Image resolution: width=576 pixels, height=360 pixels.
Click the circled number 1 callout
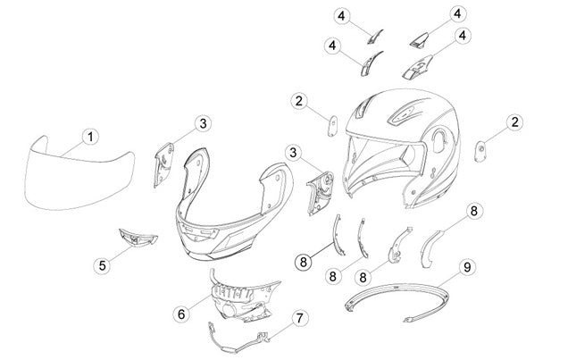click(90, 138)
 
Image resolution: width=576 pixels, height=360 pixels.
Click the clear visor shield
click(79, 173)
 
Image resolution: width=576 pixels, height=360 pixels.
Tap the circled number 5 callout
click(102, 264)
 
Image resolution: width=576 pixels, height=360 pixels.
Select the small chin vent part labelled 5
click(138, 238)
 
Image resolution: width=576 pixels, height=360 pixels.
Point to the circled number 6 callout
click(181, 314)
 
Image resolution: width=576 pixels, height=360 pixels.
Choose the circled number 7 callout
click(300, 318)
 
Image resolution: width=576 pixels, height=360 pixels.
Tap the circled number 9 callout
click(467, 267)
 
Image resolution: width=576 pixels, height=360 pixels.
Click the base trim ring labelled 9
click(398, 302)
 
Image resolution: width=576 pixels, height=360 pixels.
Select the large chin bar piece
click(234, 205)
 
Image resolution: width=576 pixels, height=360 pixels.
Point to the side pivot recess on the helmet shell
click(439, 140)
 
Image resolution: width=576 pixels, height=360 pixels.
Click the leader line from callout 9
click(449, 280)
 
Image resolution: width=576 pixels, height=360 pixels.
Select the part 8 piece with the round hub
click(400, 246)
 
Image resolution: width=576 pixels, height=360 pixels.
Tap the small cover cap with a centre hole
click(480, 151)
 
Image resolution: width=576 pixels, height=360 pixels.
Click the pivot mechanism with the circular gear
click(321, 193)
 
